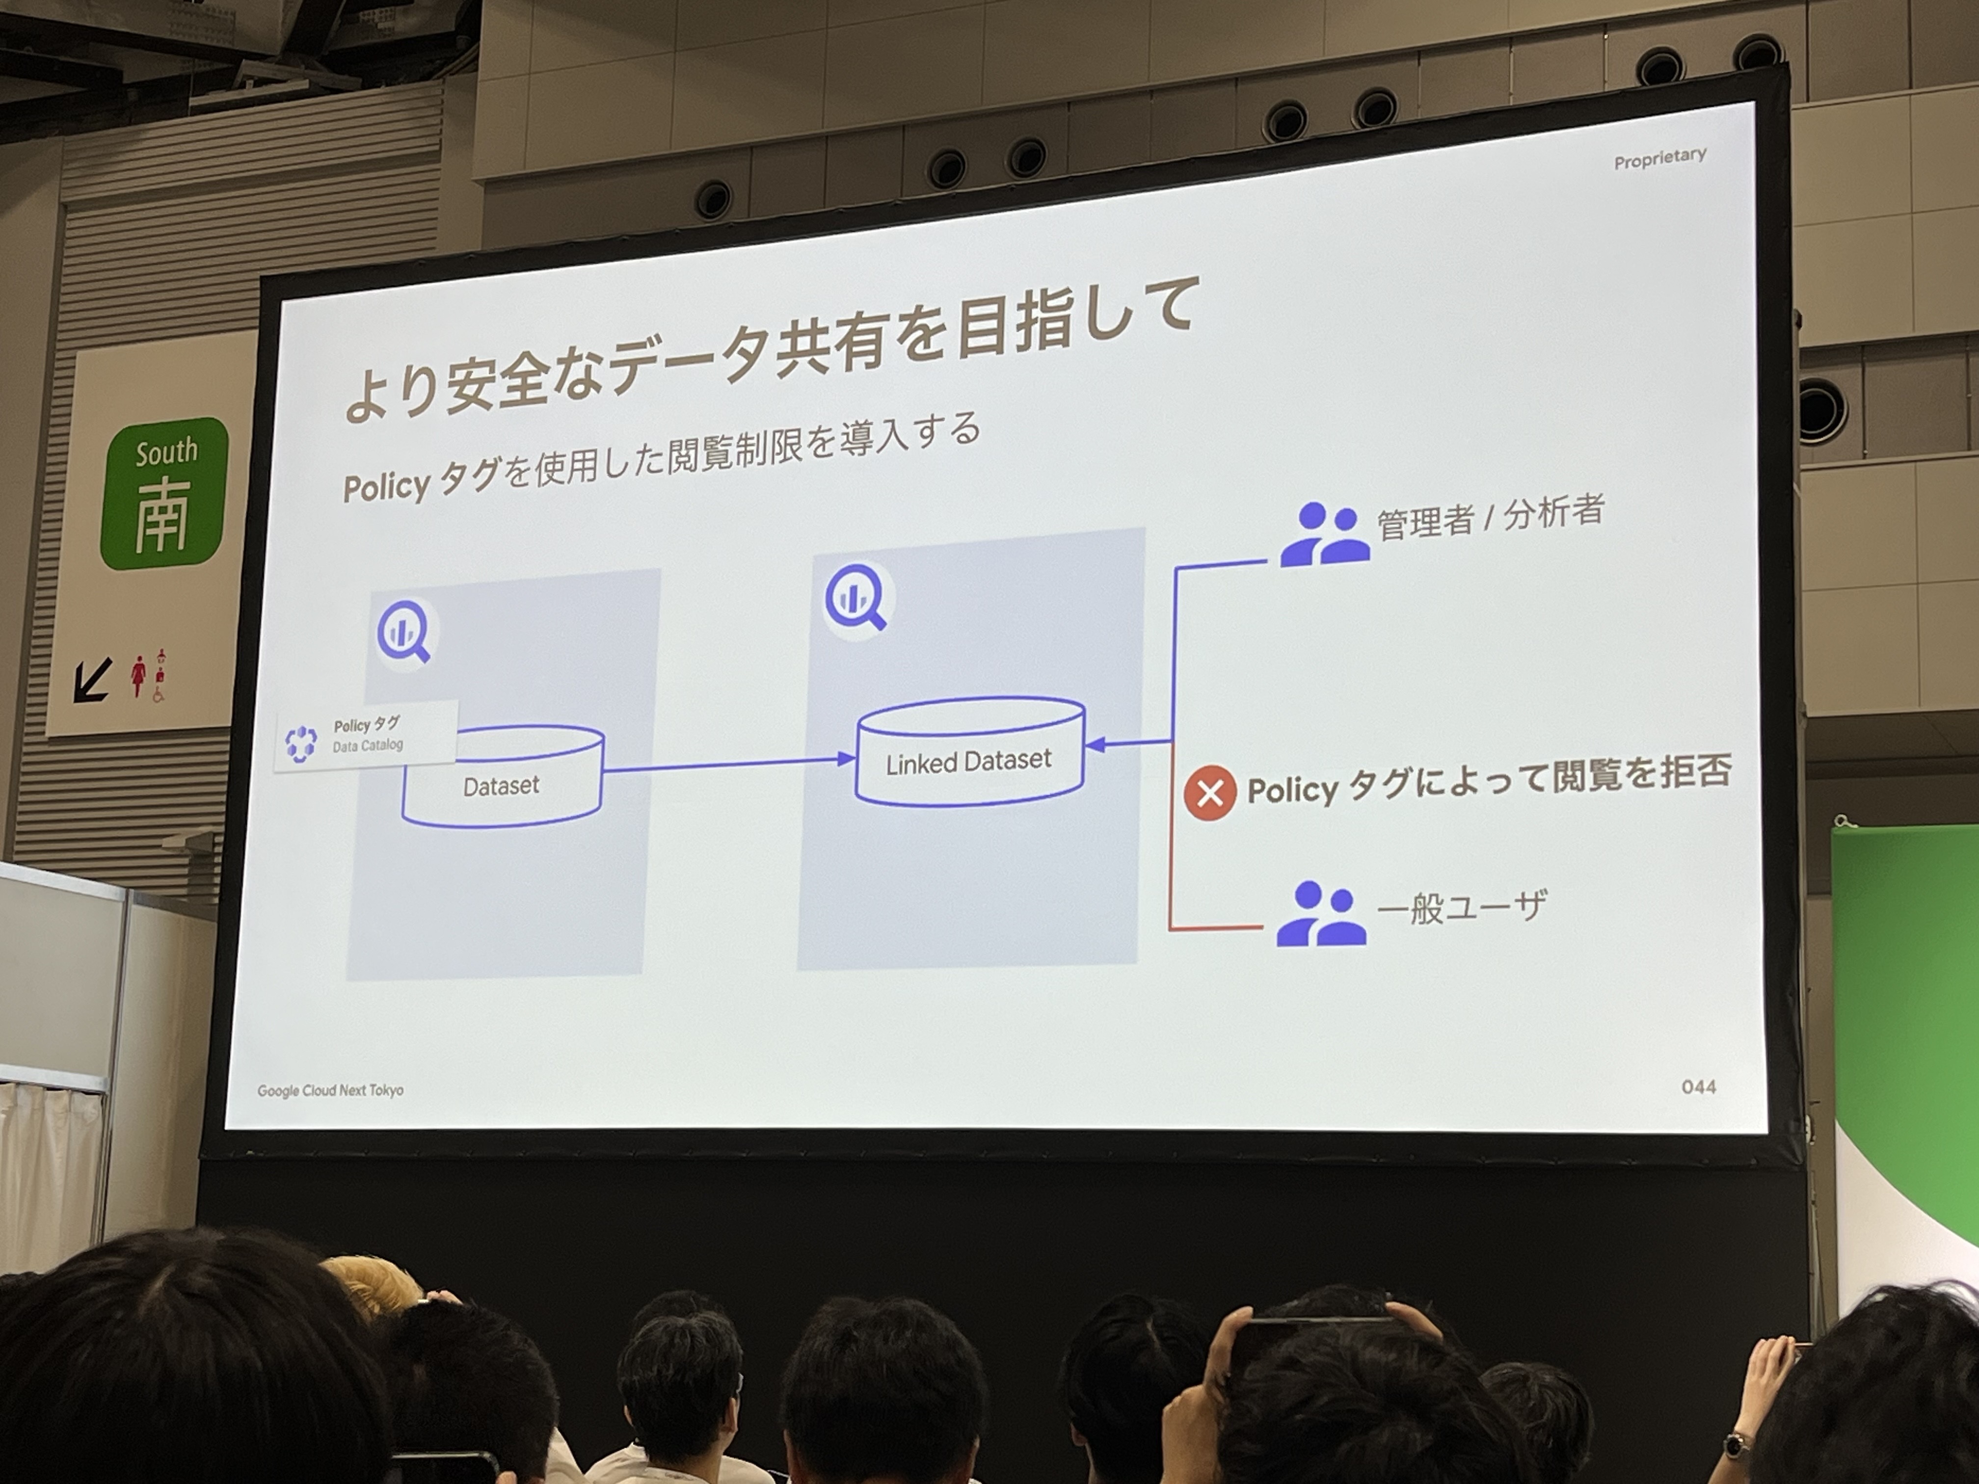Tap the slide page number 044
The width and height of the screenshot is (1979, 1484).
[1698, 1087]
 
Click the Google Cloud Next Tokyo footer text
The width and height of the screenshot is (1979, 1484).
[330, 1090]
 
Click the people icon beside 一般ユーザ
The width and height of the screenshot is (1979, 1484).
[1320, 913]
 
